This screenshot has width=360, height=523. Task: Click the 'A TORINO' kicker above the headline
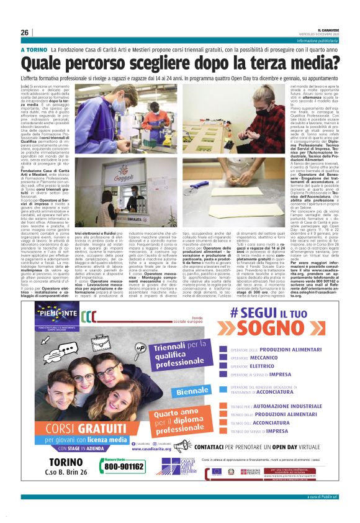(34, 49)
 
